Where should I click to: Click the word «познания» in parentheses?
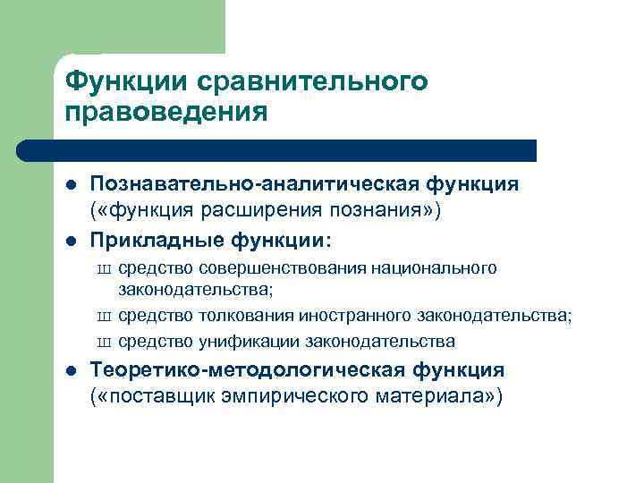coord(386,210)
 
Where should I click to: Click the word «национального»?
coord(438,268)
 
